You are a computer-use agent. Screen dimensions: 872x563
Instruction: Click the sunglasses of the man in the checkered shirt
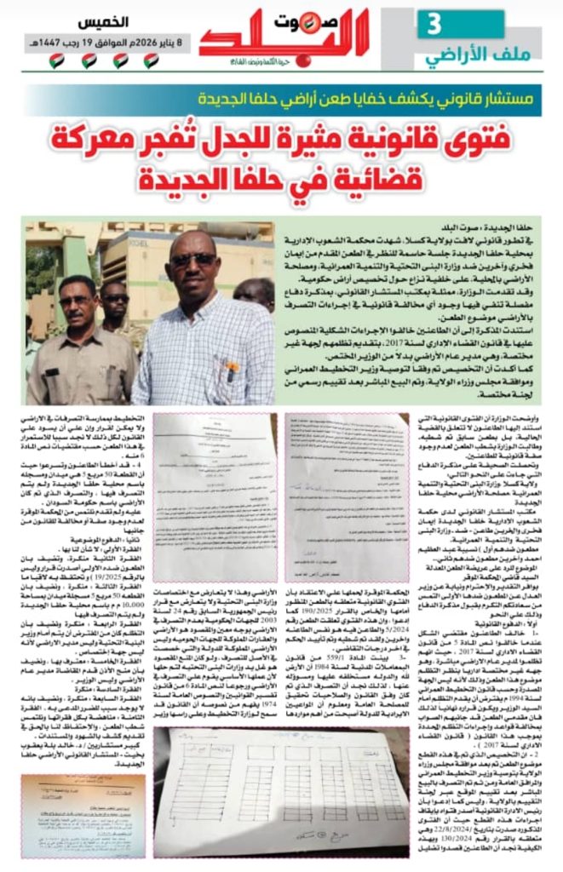192,260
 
